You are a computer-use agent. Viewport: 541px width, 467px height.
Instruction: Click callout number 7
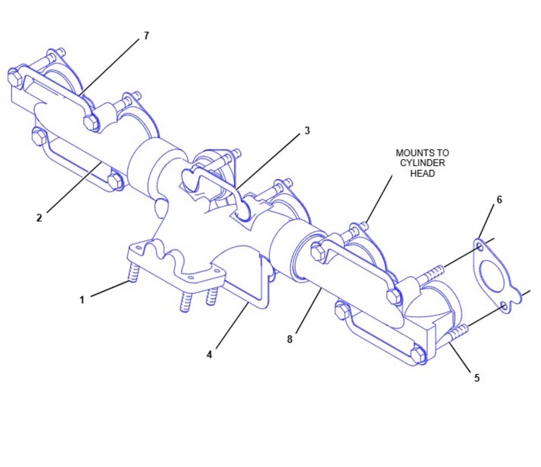147,36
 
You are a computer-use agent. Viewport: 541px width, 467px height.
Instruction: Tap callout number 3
307,131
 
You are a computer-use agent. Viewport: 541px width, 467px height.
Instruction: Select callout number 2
39,217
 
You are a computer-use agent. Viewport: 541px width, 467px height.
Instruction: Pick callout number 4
209,355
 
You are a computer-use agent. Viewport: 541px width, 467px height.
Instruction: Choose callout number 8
289,339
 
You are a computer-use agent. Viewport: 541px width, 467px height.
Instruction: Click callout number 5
477,378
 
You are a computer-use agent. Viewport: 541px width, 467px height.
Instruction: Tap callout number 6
500,200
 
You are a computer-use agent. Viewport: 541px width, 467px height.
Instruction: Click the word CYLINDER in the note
422,163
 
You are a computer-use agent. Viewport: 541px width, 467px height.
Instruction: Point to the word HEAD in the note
422,173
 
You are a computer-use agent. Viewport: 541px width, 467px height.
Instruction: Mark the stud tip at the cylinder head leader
365,225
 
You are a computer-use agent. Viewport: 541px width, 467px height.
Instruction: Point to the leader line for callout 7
109,67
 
